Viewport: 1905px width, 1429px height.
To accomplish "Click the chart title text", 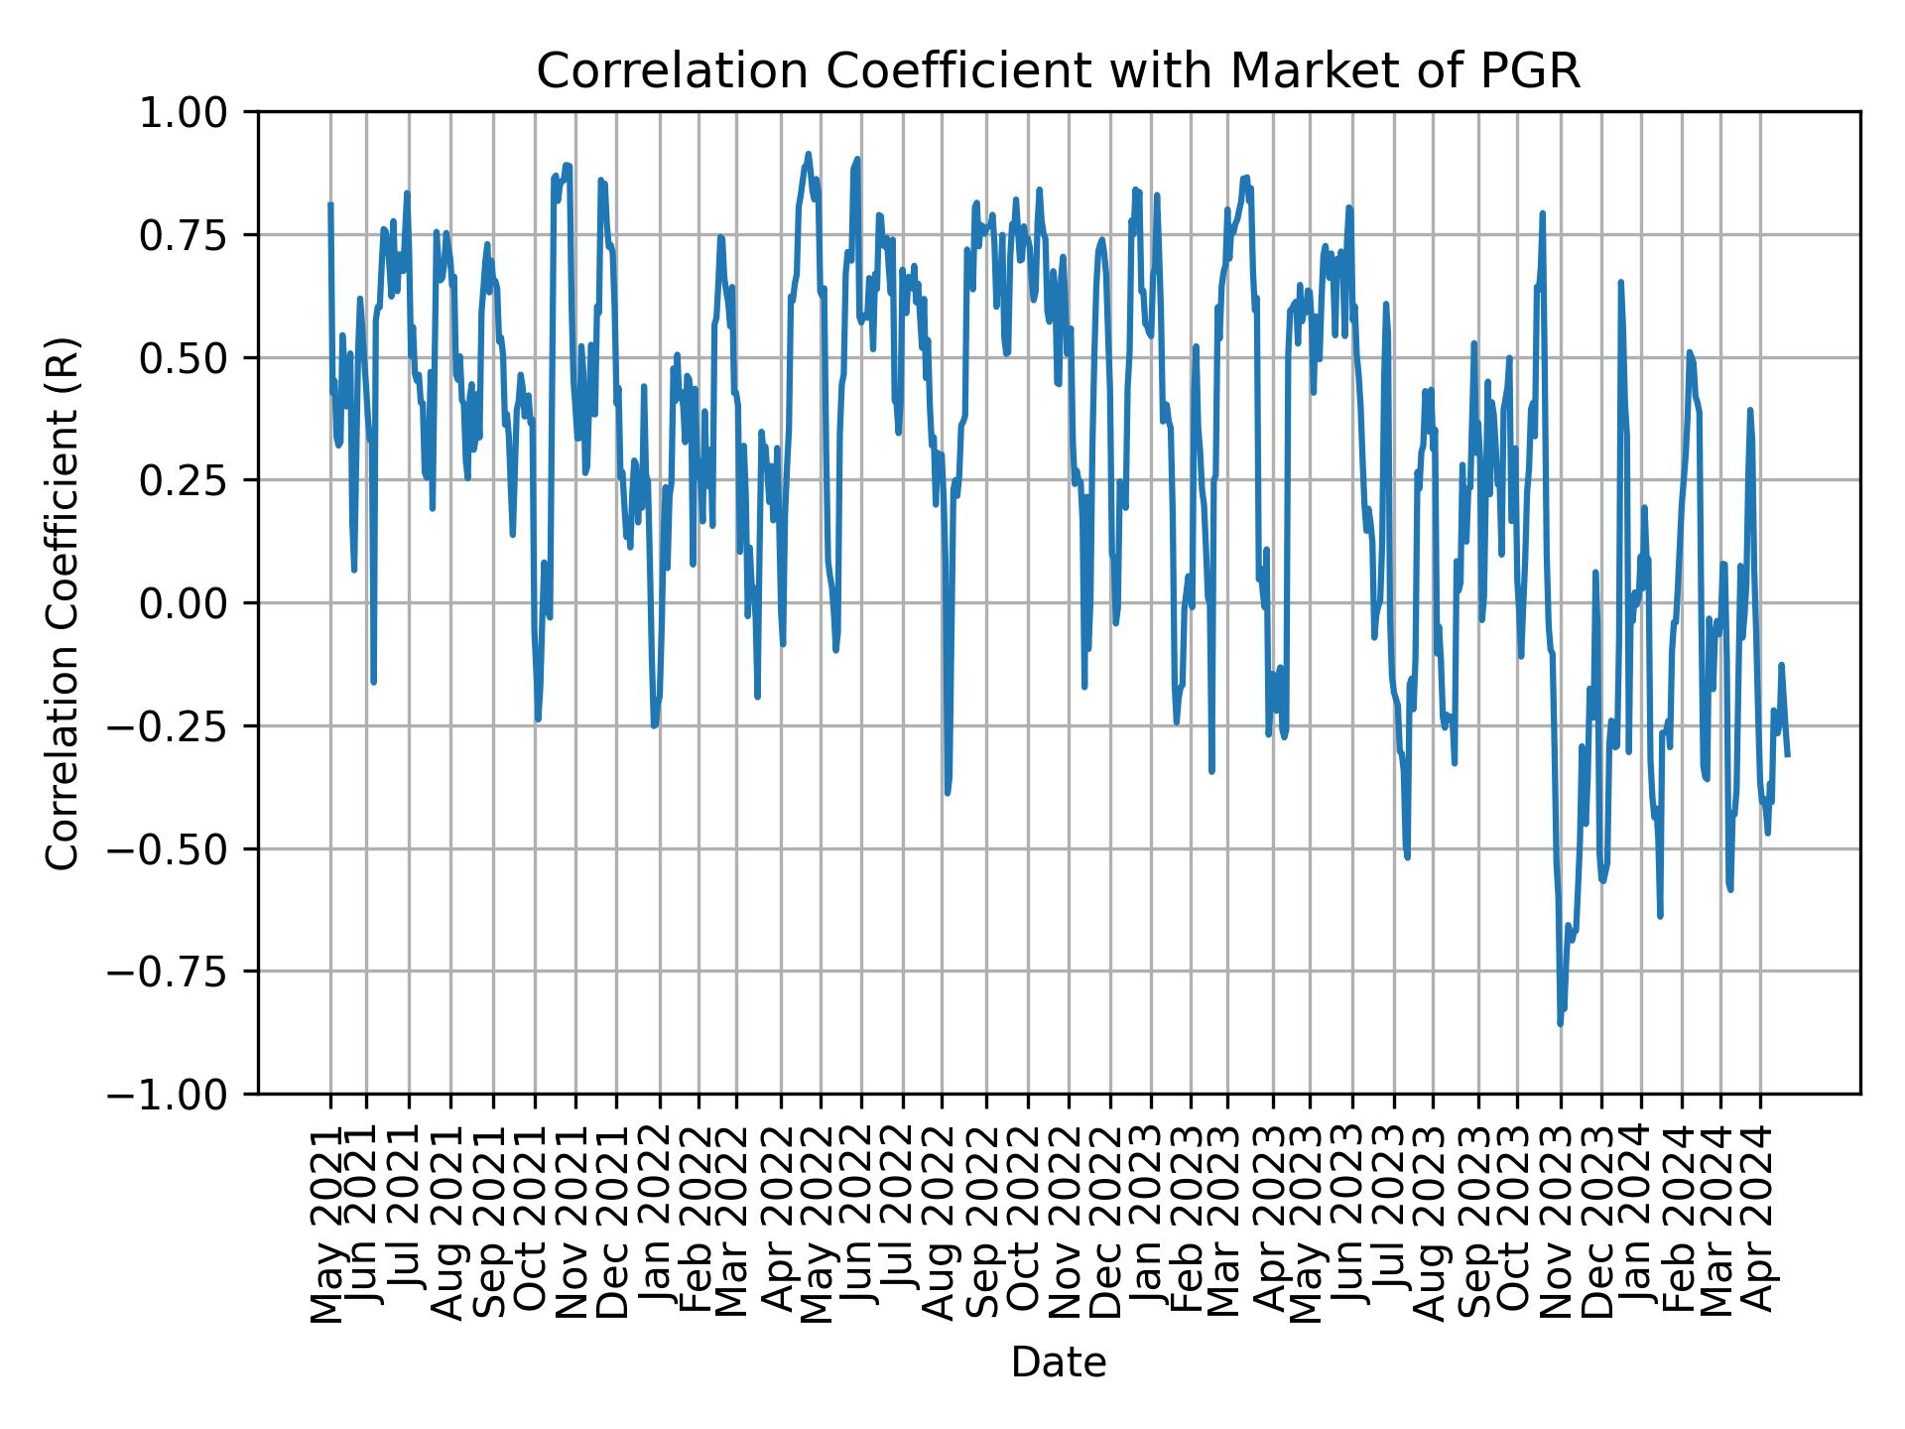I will (x=1058, y=72).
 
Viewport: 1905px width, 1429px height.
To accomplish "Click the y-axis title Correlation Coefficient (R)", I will (x=63, y=602).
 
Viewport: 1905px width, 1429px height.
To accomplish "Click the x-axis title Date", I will (x=1058, y=1363).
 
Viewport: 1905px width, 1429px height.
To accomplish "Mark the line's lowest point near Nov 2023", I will (x=1560, y=1023).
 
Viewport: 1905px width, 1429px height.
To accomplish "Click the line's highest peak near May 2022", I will (x=809, y=154).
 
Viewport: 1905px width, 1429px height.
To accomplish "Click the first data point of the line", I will (x=330, y=204).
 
